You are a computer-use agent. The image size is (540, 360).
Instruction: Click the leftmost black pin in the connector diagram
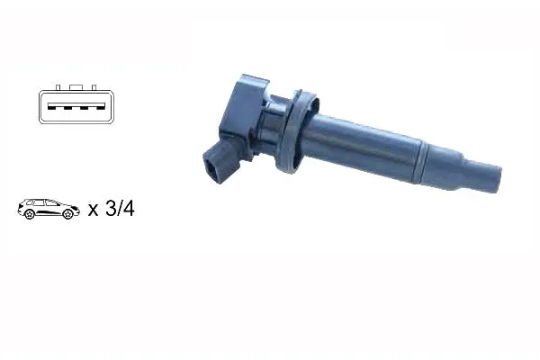(51, 108)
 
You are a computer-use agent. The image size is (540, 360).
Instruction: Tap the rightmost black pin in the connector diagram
(100, 108)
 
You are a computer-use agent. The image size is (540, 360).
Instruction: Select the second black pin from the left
(67, 108)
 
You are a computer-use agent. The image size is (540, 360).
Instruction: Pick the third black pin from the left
(84, 108)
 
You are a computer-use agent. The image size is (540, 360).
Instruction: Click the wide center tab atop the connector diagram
(76, 87)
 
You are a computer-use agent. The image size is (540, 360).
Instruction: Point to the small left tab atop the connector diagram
(58, 87)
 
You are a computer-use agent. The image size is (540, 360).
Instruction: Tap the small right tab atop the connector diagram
(94, 87)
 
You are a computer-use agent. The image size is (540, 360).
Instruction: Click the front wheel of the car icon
(67, 214)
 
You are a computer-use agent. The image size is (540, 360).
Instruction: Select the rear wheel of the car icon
(30, 214)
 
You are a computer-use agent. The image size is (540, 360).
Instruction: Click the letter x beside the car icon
(93, 210)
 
